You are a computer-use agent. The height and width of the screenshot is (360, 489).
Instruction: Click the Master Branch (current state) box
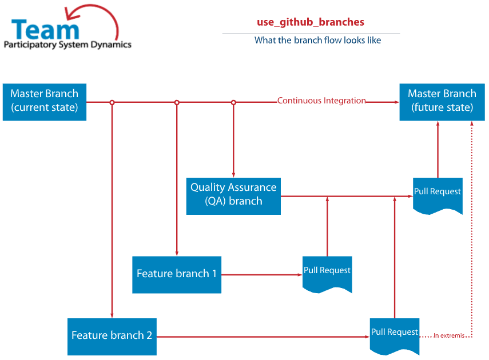pos(45,102)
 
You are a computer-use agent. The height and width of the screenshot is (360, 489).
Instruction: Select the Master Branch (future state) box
pos(442,102)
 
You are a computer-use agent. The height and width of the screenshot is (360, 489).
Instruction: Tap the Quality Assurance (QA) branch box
pos(233,196)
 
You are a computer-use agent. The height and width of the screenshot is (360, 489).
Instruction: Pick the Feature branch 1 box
pos(177,275)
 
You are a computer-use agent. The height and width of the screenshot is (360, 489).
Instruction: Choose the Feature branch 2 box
pos(112,337)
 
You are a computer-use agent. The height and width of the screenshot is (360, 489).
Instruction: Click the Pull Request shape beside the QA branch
pos(438,195)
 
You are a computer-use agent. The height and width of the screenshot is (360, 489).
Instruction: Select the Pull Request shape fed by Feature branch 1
pos(327,273)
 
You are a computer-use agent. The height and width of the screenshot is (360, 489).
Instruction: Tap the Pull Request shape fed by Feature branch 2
pos(395,335)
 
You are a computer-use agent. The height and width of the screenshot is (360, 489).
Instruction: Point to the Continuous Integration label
pos(321,101)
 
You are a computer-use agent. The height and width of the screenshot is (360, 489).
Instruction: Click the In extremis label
pos(449,335)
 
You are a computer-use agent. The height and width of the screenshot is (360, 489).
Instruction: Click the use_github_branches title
pos(311,22)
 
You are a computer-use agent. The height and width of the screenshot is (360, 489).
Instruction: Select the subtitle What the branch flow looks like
pos(317,40)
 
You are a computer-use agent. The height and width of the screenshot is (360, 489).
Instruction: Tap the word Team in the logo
pos(45,29)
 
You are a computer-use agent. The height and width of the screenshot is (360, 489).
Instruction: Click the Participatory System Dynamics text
pos(67,45)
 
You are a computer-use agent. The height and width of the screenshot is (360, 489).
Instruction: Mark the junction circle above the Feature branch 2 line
pos(112,102)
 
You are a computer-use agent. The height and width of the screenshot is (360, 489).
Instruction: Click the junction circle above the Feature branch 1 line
pos(177,102)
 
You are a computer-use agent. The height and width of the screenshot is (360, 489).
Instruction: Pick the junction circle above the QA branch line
pos(233,102)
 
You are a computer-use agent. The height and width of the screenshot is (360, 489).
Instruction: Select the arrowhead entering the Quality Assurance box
pos(233,175)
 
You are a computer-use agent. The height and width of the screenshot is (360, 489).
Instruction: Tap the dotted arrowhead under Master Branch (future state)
pos(472,123)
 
